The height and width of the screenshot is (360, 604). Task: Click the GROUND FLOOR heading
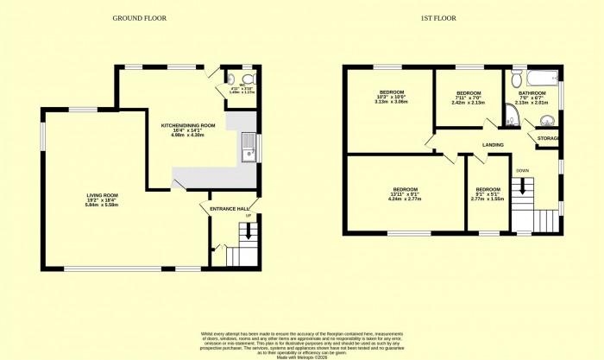139,17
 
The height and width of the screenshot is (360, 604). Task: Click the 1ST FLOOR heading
438,17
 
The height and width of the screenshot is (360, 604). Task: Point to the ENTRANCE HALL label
231,209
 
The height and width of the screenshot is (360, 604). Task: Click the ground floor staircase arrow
249,231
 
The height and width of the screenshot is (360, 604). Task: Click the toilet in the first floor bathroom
515,79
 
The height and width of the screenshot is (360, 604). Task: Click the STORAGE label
548,138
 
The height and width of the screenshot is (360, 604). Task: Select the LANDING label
493,144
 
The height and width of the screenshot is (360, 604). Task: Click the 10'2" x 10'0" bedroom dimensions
391,102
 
